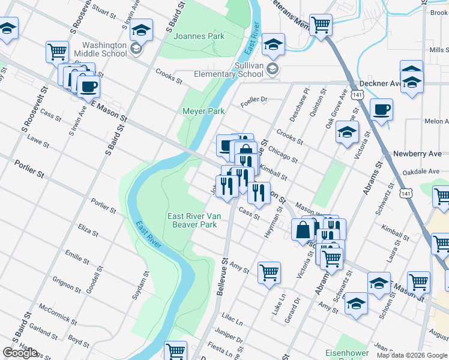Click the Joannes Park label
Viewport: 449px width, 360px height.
pos(199,37)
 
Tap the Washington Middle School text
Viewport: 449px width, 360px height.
pos(105,49)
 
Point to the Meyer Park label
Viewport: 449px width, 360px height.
pos(203,111)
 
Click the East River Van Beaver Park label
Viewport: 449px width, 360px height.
pos(191,220)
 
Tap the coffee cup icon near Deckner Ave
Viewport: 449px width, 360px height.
pos(382,110)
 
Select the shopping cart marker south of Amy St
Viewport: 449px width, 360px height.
pos(270,272)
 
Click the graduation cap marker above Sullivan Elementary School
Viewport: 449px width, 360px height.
pos(273,44)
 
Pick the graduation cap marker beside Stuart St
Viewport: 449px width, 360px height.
pos(141,29)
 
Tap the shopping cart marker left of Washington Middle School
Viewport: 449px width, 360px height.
pos(57,52)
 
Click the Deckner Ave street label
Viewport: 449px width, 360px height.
pos(379,84)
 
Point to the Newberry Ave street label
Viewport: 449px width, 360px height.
pos(417,154)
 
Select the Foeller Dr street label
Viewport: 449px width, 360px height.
pos(253,100)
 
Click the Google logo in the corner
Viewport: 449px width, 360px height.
pos(20,353)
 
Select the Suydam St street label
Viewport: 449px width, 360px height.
pos(144,282)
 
